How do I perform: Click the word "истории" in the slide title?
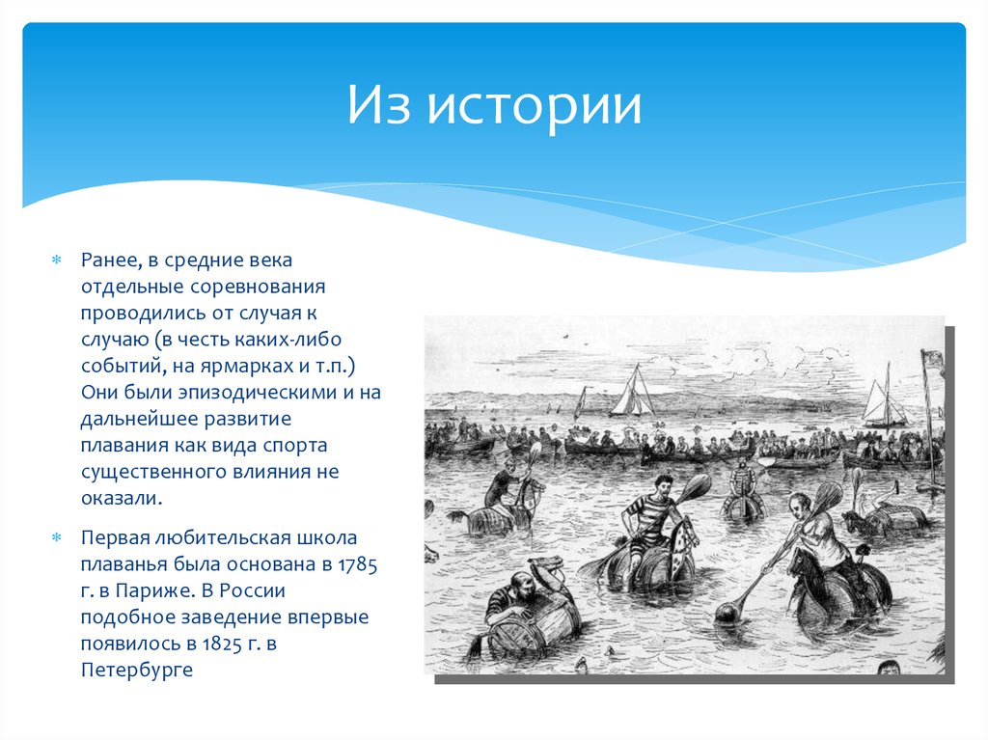(x=535, y=105)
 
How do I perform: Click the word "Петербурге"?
(x=137, y=669)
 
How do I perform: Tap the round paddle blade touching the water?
(x=727, y=611)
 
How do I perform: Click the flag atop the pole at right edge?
(x=933, y=359)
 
